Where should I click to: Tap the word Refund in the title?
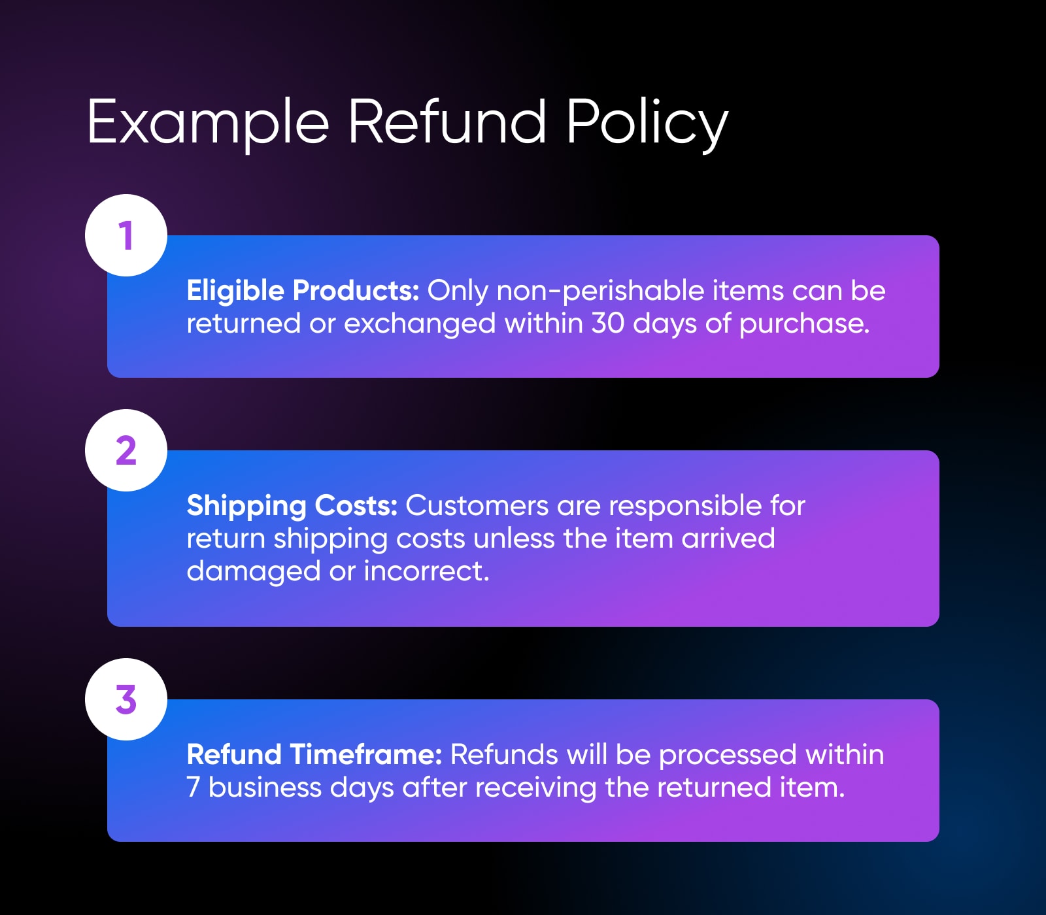[447, 122]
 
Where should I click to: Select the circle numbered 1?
[126, 235]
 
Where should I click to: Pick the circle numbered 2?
[126, 450]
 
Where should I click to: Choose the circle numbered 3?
[126, 699]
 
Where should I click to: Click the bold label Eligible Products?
[303, 291]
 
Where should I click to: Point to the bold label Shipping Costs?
[292, 507]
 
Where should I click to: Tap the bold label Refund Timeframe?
[314, 755]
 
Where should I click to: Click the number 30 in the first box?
[608, 324]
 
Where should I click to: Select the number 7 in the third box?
[193, 788]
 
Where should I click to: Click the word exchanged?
[420, 324]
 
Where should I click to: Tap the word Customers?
[477, 506]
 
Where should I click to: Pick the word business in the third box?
[265, 788]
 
